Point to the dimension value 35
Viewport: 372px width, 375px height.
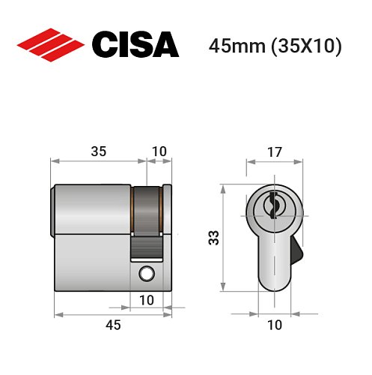(x=98, y=151)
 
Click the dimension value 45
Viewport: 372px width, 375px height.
(x=113, y=324)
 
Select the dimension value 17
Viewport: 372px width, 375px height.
(x=274, y=151)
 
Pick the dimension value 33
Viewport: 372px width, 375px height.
(x=214, y=238)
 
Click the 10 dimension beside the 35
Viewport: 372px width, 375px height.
(x=159, y=151)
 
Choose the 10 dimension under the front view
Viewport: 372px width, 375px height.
(x=274, y=324)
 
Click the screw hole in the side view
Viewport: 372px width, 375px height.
(x=146, y=274)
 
